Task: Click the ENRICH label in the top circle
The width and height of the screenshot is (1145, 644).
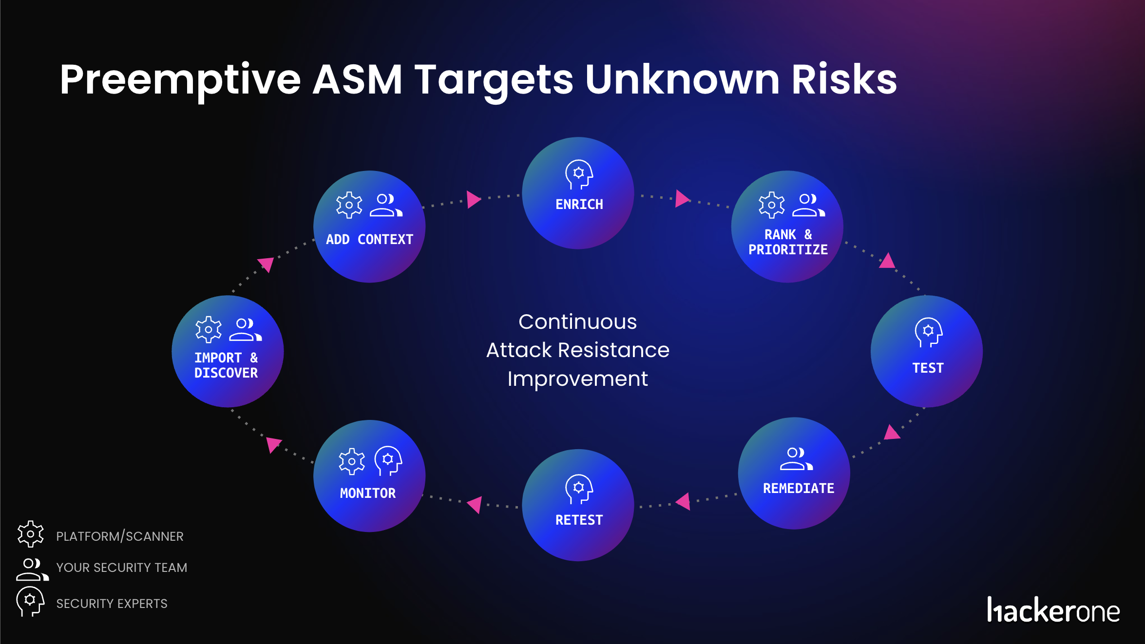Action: [x=579, y=204]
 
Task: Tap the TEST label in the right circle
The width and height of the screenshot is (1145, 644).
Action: [x=928, y=368]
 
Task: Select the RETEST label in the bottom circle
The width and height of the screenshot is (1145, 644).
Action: [x=579, y=520]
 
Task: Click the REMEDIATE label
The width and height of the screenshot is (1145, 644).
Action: [x=798, y=488]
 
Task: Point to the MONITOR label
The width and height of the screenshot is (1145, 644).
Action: [x=368, y=493]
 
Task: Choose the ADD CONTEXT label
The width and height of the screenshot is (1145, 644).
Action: [x=369, y=239]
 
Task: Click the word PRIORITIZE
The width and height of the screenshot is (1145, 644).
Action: [x=788, y=250]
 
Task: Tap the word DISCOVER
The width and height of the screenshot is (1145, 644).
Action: [x=226, y=373]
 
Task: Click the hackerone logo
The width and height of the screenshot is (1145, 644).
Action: [x=1053, y=610]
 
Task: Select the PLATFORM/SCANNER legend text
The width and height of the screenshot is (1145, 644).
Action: [x=120, y=536]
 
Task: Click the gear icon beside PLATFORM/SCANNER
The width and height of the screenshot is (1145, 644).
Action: [x=31, y=534]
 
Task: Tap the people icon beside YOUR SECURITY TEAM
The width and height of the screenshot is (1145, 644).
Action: [x=32, y=569]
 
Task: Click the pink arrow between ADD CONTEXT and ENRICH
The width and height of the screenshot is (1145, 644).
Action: [x=473, y=199]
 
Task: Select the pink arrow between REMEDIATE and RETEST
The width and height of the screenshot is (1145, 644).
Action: [x=684, y=501]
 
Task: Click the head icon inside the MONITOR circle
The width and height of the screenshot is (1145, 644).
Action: [x=388, y=460]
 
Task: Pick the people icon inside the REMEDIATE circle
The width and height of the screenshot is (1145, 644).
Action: [x=796, y=459]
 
